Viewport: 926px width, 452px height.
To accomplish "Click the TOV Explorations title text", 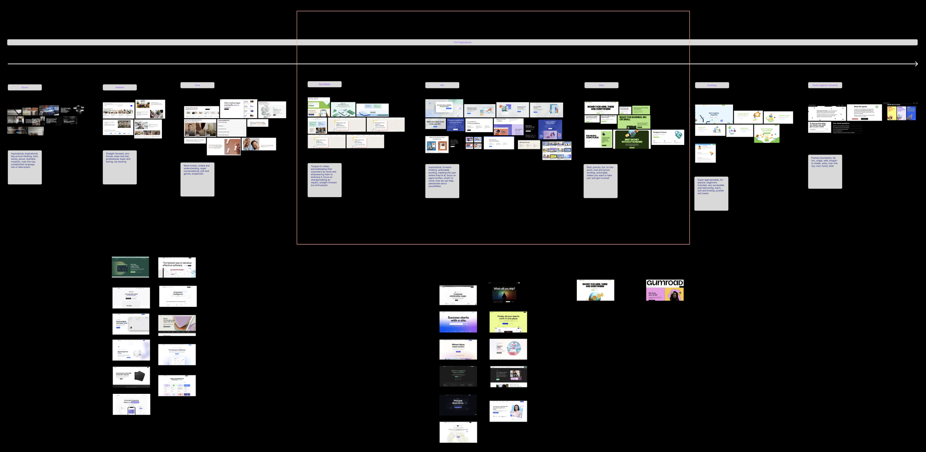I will (x=462, y=43).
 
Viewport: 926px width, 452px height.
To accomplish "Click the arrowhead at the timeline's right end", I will (x=916, y=64).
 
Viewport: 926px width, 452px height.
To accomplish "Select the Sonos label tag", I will (x=25, y=87).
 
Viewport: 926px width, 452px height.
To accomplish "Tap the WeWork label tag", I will (x=120, y=87).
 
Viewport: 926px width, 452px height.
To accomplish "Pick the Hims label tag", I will (x=197, y=85).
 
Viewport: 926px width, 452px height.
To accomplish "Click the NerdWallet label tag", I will (x=324, y=84).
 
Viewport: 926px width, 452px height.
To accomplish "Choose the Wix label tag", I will (x=442, y=85).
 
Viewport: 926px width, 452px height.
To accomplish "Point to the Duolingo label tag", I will (x=712, y=85).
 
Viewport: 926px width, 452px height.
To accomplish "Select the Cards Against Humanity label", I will (x=825, y=85).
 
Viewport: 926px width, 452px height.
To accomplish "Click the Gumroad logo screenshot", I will (x=665, y=290).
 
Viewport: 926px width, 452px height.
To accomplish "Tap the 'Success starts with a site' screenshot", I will (x=458, y=322).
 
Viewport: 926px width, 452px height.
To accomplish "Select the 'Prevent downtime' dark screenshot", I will (x=458, y=405).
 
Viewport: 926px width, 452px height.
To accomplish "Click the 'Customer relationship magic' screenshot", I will (x=458, y=295).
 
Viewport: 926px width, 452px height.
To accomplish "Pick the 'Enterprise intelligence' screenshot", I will (x=178, y=296).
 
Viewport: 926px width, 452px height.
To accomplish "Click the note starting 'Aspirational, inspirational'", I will (x=25, y=167).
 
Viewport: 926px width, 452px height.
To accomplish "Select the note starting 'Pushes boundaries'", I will (x=825, y=172).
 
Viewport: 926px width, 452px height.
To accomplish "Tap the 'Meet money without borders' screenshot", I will (x=632, y=140).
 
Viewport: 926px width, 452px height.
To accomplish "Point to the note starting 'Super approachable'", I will (x=711, y=193).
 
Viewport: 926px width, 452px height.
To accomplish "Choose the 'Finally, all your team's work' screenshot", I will (x=508, y=322).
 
